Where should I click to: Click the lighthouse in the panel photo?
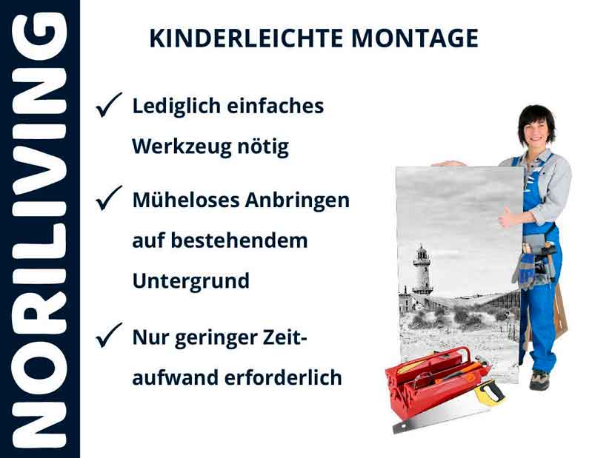pos(422,270)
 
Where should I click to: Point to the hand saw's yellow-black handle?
pos(488,391)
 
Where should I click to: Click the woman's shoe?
pos(539,380)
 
